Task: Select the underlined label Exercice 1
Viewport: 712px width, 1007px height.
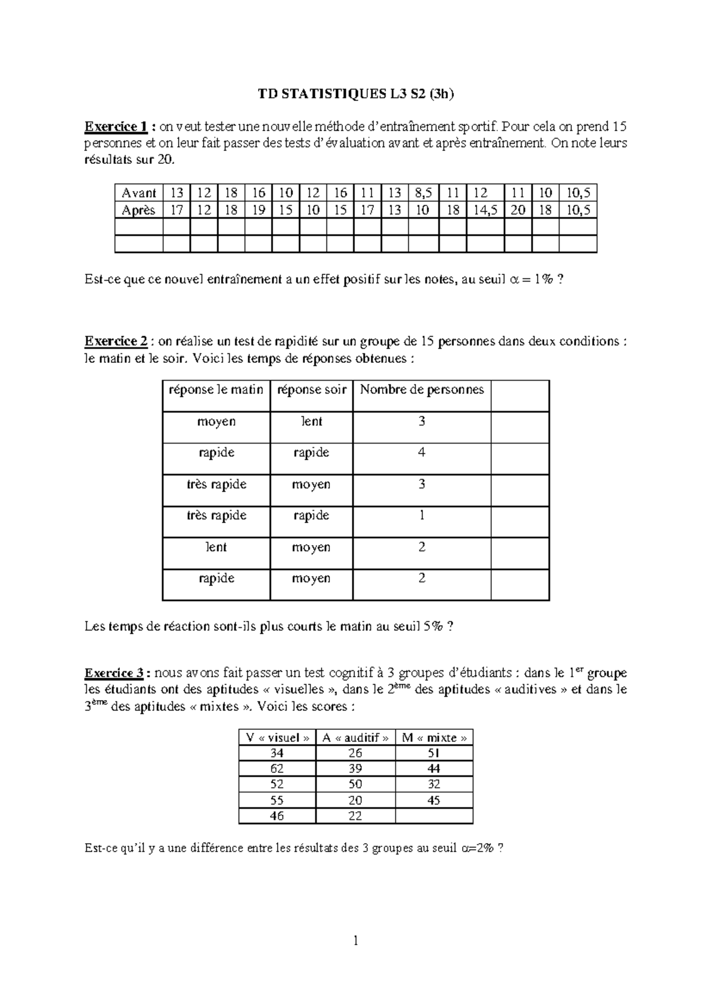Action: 115,126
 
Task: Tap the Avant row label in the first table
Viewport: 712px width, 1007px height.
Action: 138,193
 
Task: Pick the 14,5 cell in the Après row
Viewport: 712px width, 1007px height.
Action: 485,210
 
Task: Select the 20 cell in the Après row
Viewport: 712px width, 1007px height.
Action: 518,210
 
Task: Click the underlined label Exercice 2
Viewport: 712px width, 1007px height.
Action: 116,341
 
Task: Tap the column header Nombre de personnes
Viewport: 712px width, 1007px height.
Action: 422,389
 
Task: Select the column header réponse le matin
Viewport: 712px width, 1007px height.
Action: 216,389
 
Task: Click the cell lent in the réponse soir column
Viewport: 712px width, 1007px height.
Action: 311,422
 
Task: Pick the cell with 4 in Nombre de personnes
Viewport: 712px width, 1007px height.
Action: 422,452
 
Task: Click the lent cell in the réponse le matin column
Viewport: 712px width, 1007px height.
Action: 216,547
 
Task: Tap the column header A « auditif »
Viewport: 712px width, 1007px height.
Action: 355,737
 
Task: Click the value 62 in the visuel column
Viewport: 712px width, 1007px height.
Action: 276,769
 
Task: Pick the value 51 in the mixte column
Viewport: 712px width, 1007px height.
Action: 434,753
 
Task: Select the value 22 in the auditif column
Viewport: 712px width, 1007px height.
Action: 355,816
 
